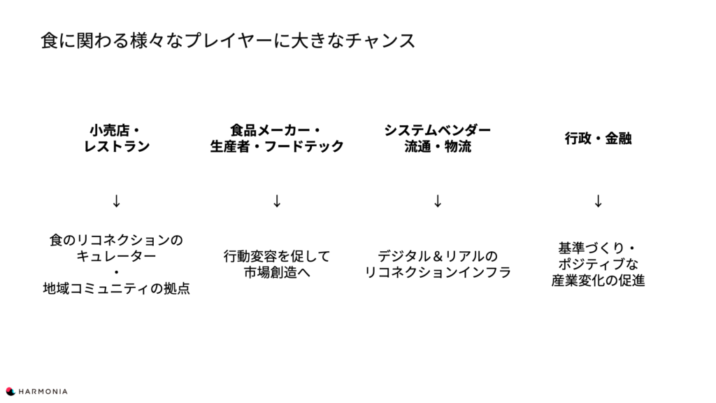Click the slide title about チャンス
(228, 40)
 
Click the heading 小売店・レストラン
(117, 138)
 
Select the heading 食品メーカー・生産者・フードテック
(277, 138)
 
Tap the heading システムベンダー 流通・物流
(438, 138)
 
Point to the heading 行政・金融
(599, 138)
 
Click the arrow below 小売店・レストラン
(117, 201)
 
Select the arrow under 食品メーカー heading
(277, 201)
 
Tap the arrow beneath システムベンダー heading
(438, 201)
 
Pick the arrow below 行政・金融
(599, 201)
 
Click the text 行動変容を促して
(277, 256)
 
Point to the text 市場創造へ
(277, 272)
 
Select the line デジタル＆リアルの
(438, 256)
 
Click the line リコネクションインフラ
(438, 272)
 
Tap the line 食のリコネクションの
(117, 240)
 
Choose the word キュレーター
(117, 256)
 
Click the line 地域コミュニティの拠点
(117, 288)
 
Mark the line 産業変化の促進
(599, 280)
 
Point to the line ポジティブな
(599, 264)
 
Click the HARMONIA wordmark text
(43, 392)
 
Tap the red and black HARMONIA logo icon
(10, 392)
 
